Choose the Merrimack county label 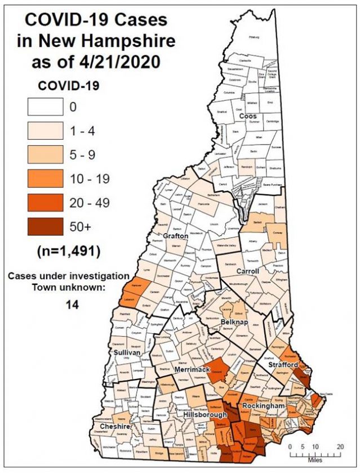(x=192, y=369)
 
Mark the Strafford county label (x=287, y=365)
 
